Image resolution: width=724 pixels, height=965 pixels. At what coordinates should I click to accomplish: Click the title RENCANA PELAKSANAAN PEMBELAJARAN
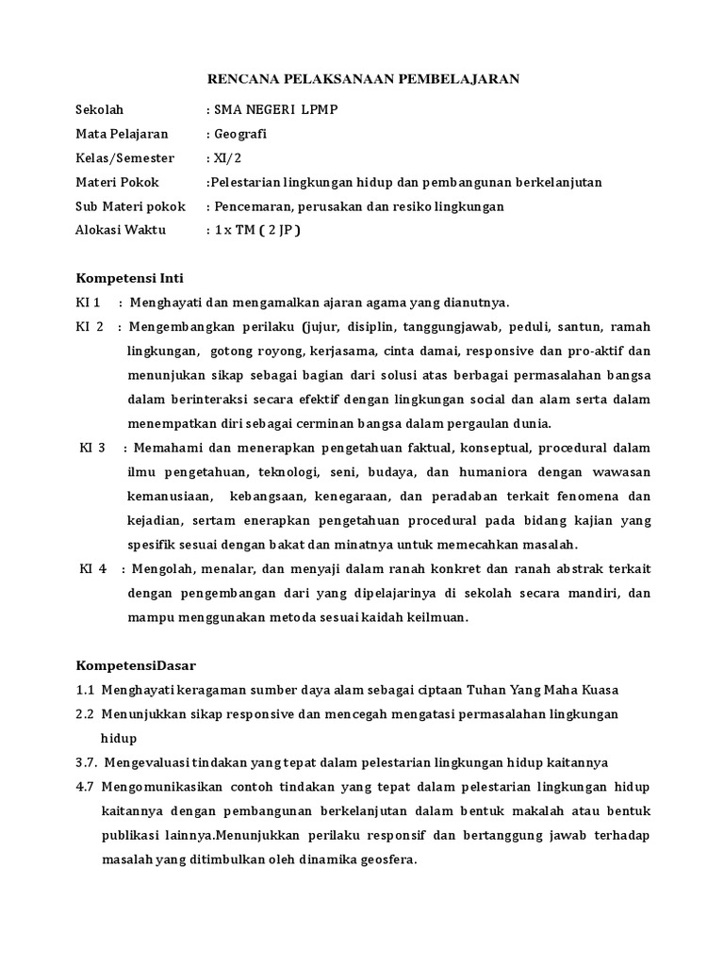pyautogui.click(x=363, y=80)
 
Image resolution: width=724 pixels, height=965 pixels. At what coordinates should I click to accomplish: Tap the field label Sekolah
pyautogui.click(x=100, y=109)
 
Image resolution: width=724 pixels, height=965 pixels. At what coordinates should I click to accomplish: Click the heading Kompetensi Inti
pyautogui.click(x=129, y=278)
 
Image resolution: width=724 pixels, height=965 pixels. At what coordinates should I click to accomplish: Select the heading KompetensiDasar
pyautogui.click(x=135, y=665)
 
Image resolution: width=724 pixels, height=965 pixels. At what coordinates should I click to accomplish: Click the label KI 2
pyautogui.click(x=90, y=327)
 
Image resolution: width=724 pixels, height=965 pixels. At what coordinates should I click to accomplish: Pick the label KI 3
pyautogui.click(x=92, y=448)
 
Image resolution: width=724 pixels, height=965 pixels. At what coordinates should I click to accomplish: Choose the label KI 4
pyautogui.click(x=93, y=569)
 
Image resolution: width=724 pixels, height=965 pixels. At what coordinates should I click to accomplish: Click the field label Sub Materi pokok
pyautogui.click(x=130, y=205)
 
